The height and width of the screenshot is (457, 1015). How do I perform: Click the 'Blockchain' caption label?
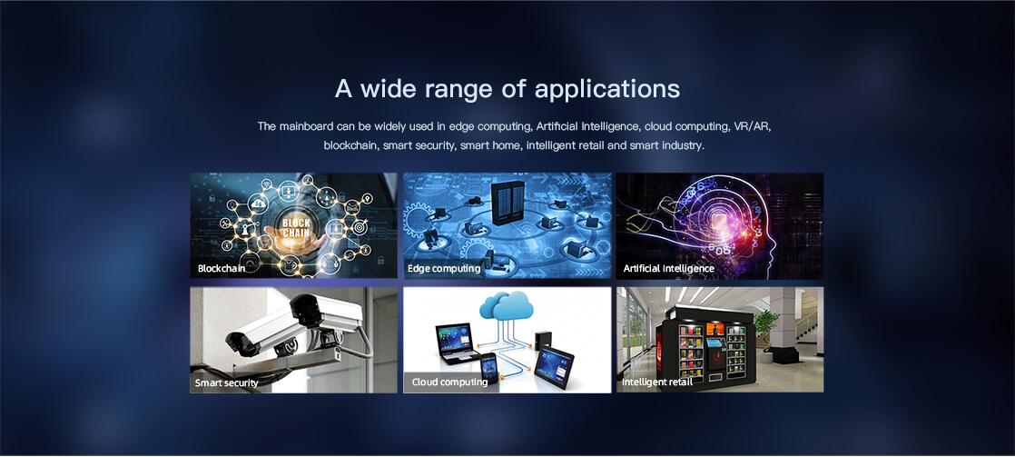pos(222,268)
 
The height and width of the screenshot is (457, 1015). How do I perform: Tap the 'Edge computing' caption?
pos(444,268)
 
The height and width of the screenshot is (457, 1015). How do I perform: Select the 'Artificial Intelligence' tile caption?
pos(669,268)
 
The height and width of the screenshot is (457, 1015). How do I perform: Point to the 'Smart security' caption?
pos(227,382)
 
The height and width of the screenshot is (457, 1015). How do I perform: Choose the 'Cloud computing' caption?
pos(450,382)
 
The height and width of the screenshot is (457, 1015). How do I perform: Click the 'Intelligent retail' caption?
pos(657,382)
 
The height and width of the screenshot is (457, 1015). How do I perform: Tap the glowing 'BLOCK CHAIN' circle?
pos(297,227)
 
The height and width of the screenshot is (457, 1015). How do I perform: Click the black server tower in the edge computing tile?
pos(507,203)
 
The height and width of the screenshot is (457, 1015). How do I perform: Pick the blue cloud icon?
pos(507,304)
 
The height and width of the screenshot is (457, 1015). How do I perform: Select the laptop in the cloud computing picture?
pos(456,343)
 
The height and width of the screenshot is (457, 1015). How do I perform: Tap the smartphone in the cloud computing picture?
pos(488,368)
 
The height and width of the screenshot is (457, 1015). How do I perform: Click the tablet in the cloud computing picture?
pos(554,365)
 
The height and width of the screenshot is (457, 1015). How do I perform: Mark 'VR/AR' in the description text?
pos(753,125)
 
